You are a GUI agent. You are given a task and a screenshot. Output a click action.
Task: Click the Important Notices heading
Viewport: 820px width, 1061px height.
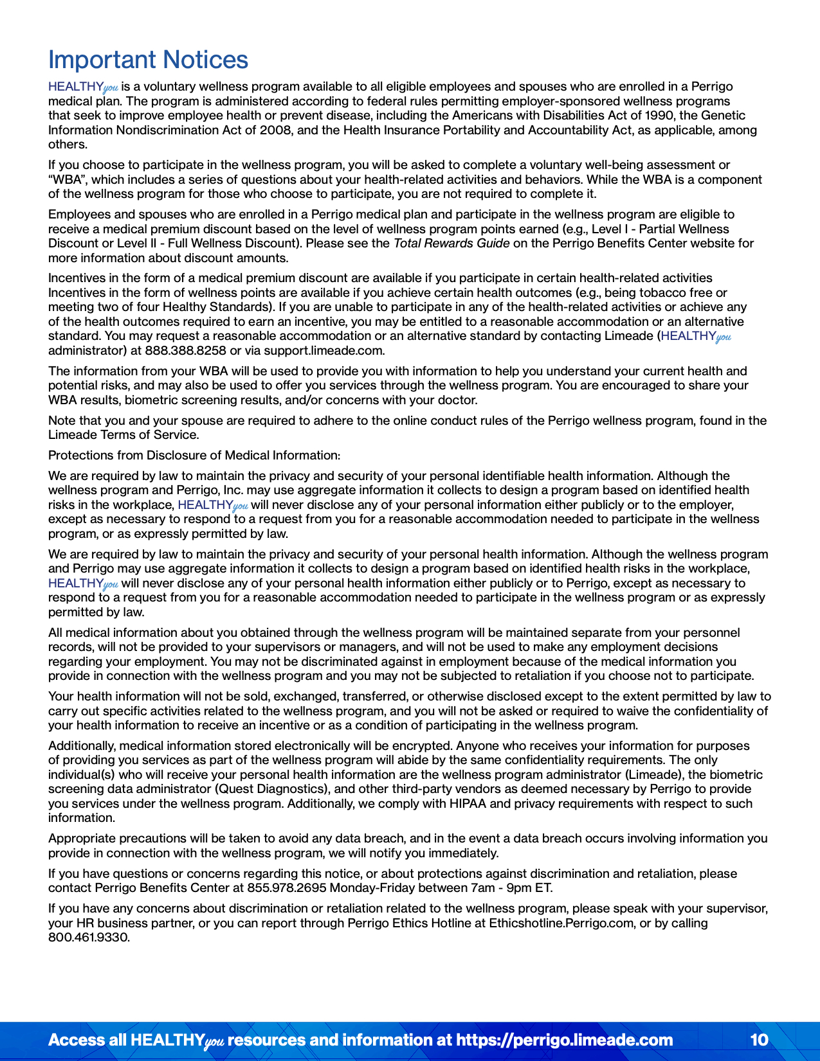click(148, 60)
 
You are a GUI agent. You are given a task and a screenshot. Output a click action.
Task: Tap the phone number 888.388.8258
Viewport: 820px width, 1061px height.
click(185, 351)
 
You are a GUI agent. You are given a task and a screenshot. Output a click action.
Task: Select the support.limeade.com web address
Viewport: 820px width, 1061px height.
click(323, 351)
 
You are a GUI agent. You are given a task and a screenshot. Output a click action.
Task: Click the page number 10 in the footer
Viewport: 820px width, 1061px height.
click(759, 1040)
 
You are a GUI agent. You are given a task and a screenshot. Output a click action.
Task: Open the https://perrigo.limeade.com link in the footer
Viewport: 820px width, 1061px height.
click(564, 1040)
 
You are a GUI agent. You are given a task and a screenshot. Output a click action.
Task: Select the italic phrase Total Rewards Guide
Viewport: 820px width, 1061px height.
click(451, 244)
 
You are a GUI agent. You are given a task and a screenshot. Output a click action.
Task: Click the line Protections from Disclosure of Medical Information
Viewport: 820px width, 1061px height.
click(194, 456)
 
